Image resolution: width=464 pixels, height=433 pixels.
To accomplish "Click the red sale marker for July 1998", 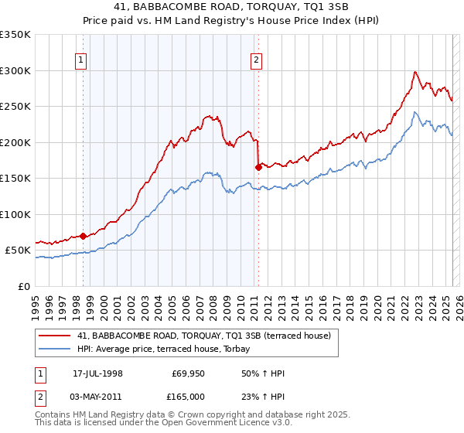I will point(83,236).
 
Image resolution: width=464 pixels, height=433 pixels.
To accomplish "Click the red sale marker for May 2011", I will point(258,167).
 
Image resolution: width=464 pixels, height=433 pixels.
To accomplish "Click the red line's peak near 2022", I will point(415,72).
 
